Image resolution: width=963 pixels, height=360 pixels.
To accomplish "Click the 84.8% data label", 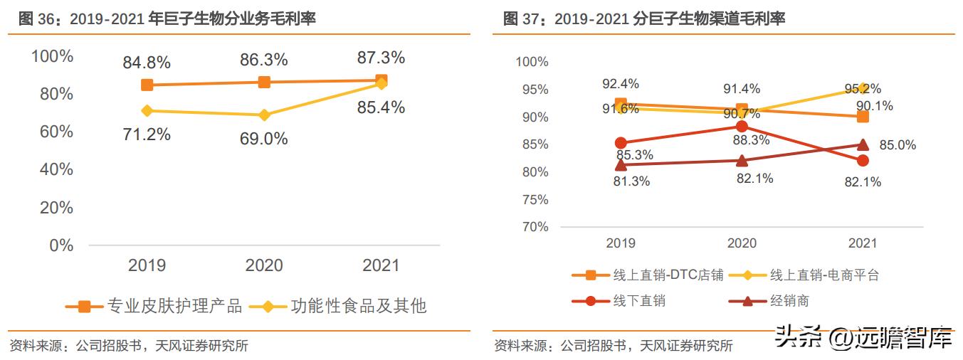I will [147, 63].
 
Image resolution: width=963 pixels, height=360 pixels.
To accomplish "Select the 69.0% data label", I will [263, 139].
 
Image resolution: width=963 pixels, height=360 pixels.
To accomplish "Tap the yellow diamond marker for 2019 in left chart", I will [147, 111].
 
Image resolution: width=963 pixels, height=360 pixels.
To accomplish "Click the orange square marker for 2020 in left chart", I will [264, 82].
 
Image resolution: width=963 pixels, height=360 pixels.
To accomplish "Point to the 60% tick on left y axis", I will [53, 132].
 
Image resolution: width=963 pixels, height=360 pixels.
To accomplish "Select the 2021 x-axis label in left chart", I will [381, 266].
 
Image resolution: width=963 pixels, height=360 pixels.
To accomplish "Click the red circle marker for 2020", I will [742, 127].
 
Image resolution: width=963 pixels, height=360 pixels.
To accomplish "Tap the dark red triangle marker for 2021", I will [863, 144].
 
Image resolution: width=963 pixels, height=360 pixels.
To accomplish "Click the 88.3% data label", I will [751, 141].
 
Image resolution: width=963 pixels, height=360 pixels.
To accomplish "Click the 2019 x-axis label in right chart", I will [621, 243].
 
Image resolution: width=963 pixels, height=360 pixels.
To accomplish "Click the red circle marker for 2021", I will [863, 161].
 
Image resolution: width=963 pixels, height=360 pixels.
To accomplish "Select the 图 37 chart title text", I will [643, 19].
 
